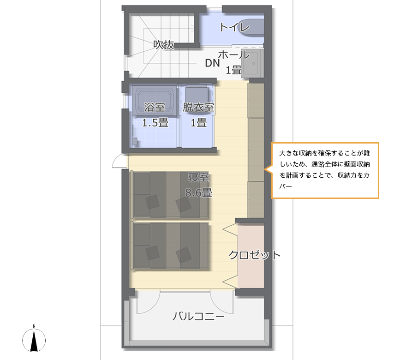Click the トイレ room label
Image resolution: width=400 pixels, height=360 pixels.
coord(234,27)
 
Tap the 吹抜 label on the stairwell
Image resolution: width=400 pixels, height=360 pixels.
coord(164,45)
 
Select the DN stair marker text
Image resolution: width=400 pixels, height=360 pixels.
coord(212,63)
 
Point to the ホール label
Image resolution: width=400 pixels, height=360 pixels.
coord(233,54)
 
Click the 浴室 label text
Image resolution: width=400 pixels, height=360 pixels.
coord(155,107)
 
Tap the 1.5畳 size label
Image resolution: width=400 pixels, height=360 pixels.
coord(155,123)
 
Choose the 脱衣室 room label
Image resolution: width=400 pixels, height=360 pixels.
coord(198,107)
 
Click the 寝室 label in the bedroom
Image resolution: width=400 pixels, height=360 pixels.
coord(198,177)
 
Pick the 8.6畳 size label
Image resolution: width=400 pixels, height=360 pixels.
coord(198,192)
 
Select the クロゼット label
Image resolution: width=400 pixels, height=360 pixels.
coord(254,255)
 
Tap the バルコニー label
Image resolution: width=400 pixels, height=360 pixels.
coord(198,316)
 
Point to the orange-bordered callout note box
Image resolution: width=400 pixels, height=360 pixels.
coord(325,170)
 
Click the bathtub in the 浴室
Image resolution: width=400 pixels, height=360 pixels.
coord(155,101)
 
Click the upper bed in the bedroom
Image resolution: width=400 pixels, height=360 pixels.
coord(170,195)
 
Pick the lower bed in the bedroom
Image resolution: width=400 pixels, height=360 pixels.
coord(170,246)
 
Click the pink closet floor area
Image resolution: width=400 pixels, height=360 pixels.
coord(251,256)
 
